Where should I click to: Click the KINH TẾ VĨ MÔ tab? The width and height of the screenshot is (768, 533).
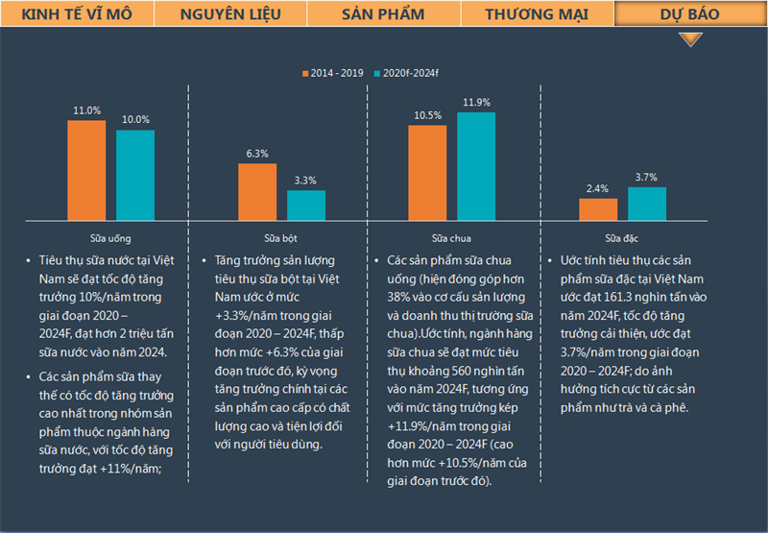(76, 14)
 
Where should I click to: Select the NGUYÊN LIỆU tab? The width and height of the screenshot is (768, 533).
(229, 14)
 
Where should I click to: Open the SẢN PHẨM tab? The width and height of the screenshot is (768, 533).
(383, 14)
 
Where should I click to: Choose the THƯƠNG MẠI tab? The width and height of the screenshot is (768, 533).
(537, 14)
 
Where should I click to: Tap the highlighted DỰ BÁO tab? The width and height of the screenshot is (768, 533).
(690, 14)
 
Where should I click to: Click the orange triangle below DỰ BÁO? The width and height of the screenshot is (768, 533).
(690, 39)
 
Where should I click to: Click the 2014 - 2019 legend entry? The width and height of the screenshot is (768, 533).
(336, 74)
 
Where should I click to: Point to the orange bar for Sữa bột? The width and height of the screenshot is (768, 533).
(257, 193)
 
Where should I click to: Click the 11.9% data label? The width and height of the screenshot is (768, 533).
(476, 103)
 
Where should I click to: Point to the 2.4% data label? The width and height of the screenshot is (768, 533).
(598, 188)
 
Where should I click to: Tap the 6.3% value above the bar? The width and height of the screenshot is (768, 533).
(257, 154)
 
